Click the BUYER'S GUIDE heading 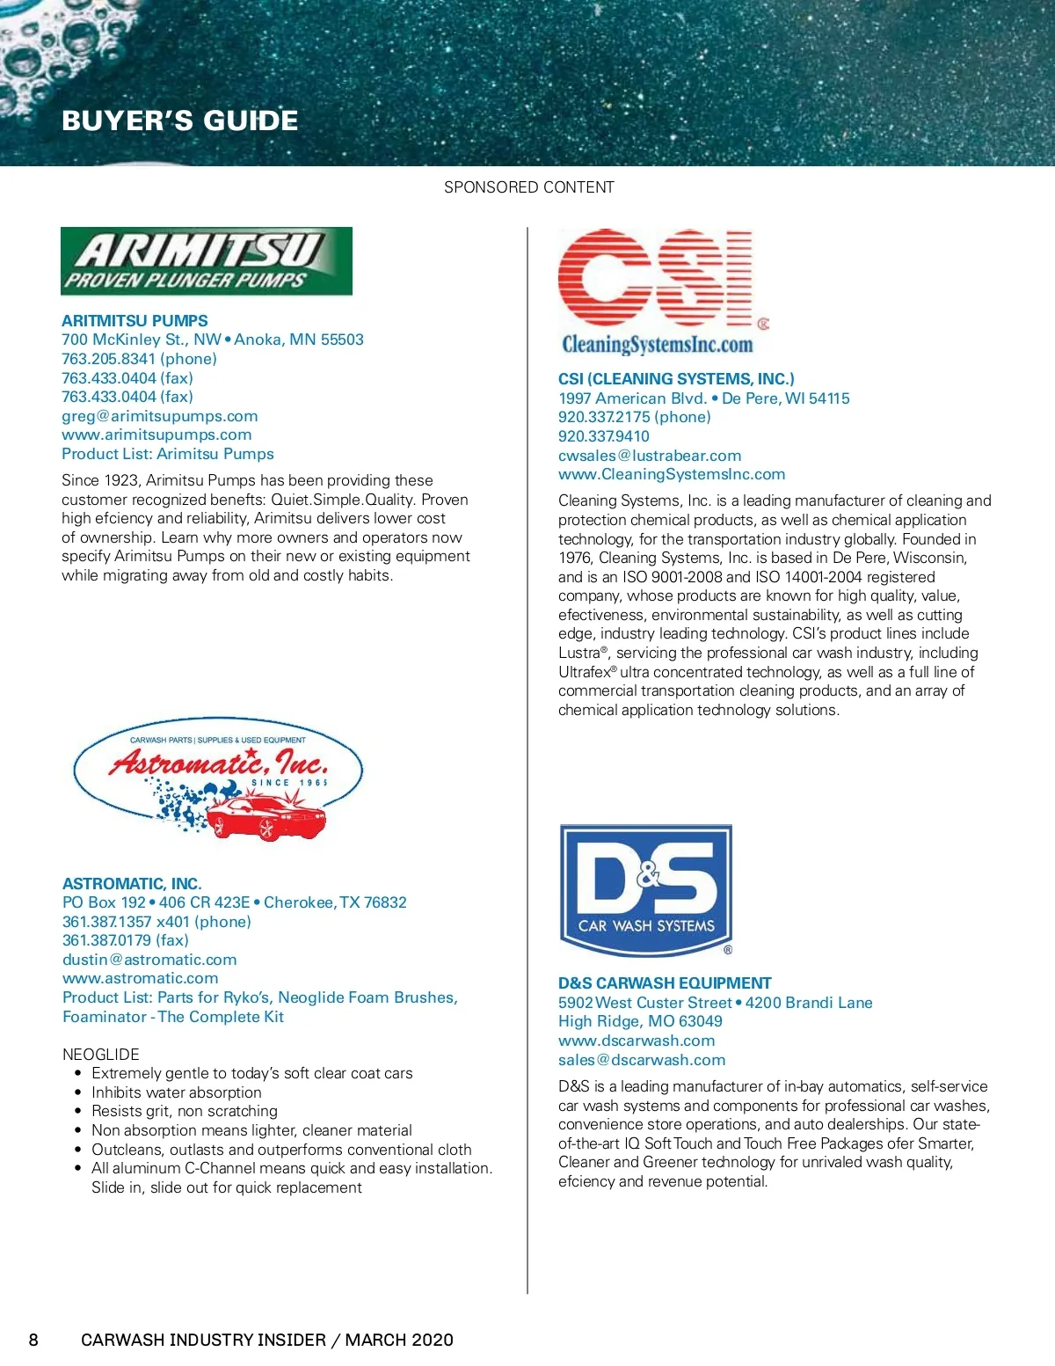pyautogui.click(x=179, y=121)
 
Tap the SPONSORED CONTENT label pyautogui.click(x=528, y=187)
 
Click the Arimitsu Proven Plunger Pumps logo pyautogui.click(x=206, y=261)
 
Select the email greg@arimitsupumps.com pyautogui.click(x=159, y=416)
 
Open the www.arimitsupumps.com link pyautogui.click(x=156, y=435)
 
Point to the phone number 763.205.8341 pyautogui.click(x=108, y=359)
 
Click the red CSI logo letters pyautogui.click(x=654, y=278)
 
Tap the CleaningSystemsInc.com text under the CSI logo pyautogui.click(x=657, y=344)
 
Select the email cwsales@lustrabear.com pyautogui.click(x=649, y=456)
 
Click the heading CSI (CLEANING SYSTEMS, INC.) pyautogui.click(x=675, y=379)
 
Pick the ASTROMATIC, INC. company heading pyautogui.click(x=132, y=883)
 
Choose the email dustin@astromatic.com pyautogui.click(x=149, y=960)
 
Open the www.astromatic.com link pyautogui.click(x=140, y=978)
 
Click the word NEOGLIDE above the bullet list pyautogui.click(x=100, y=1054)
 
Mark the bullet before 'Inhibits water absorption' pyautogui.click(x=78, y=1092)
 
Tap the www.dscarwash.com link pyautogui.click(x=637, y=1041)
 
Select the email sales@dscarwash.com pyautogui.click(x=642, y=1060)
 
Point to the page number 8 pyautogui.click(x=33, y=1340)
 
